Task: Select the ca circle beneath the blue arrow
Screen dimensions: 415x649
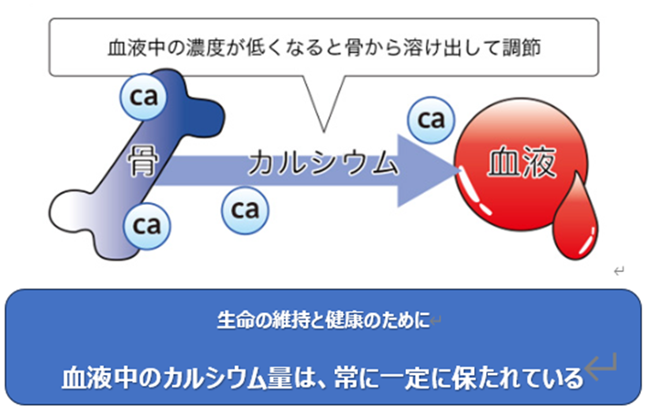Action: coord(246,208)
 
